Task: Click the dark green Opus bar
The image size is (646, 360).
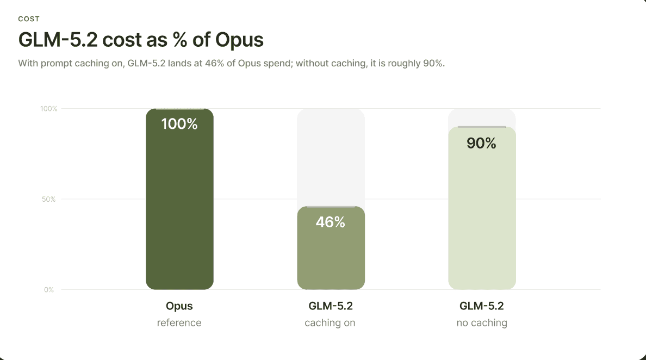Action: (x=179, y=199)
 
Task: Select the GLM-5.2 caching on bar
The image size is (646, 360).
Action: (x=331, y=248)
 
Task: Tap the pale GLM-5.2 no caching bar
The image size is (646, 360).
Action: (x=482, y=208)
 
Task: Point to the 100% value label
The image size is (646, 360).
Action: (x=179, y=124)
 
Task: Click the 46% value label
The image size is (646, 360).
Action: (x=331, y=222)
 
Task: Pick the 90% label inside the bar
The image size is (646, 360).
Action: (x=481, y=144)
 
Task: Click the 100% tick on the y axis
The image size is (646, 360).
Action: (x=48, y=109)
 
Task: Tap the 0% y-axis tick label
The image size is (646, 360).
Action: (x=49, y=290)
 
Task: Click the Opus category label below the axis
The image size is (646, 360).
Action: (x=179, y=306)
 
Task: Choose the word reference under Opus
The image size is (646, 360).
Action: (x=179, y=323)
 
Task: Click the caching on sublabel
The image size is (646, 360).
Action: (x=330, y=323)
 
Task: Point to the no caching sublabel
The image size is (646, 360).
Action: (x=482, y=323)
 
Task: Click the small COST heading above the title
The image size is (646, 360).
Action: (x=29, y=19)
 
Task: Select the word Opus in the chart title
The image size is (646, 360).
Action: (x=239, y=40)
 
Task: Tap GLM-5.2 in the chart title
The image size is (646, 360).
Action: (x=58, y=40)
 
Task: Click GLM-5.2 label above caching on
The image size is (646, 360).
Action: (x=331, y=306)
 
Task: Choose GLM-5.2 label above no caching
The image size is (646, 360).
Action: (x=482, y=306)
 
